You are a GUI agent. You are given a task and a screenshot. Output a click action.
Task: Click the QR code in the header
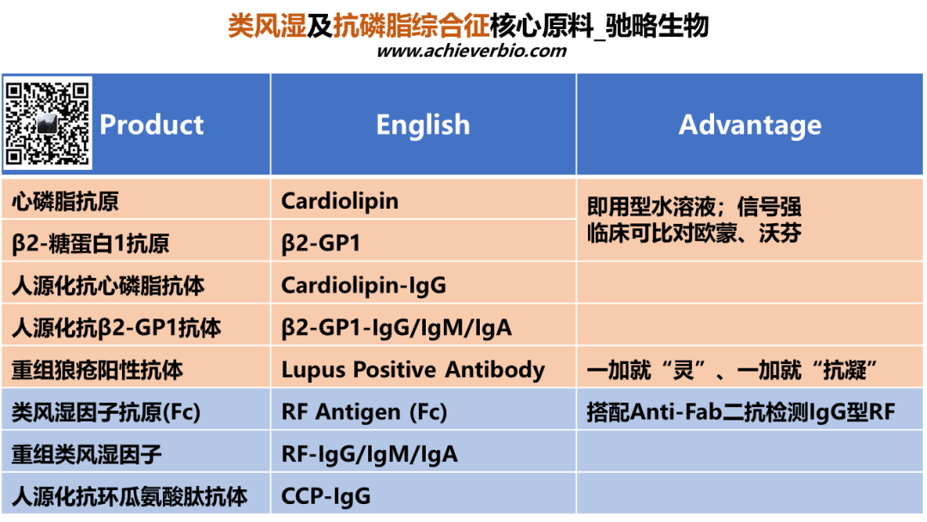point(47,123)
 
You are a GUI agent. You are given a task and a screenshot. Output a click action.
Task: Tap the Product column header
point(151,124)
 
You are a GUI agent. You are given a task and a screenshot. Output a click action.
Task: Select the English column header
point(422,124)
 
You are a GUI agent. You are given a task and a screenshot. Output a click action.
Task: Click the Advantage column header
point(749,124)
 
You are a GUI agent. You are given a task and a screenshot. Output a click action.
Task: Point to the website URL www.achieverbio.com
point(471,51)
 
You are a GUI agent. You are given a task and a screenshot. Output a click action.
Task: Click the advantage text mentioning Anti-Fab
point(741,412)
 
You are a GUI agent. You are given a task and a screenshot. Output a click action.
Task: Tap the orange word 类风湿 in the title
point(267,26)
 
